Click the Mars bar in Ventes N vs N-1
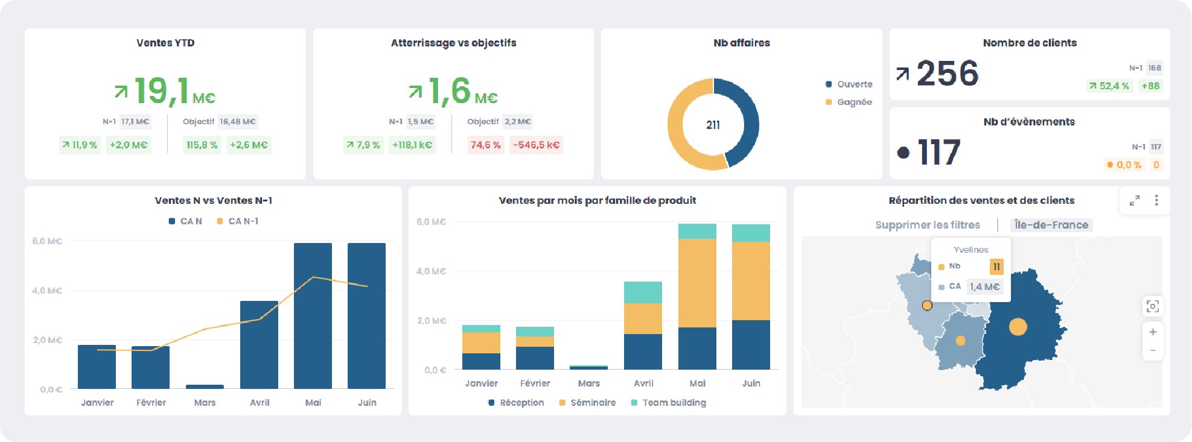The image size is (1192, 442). tap(205, 387)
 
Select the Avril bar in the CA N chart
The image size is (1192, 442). tap(259, 344)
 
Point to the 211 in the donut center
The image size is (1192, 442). tap(713, 125)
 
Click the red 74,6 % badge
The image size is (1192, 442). tap(485, 145)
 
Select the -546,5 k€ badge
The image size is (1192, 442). tap(536, 145)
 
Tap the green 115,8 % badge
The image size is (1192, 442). tap(202, 145)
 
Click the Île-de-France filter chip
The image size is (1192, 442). tap(1051, 225)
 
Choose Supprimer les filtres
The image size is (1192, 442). tap(928, 225)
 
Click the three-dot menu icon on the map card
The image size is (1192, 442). tap(1156, 200)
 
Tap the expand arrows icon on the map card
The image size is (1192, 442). tap(1135, 200)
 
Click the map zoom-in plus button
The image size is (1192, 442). tap(1153, 332)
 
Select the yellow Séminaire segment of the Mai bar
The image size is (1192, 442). tap(697, 283)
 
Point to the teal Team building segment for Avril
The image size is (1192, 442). tap(643, 292)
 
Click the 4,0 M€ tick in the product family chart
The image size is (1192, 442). tap(431, 271)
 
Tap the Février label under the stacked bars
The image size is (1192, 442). tap(535, 384)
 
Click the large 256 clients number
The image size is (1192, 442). tap(947, 74)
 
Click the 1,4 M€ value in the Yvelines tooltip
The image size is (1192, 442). tap(985, 287)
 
